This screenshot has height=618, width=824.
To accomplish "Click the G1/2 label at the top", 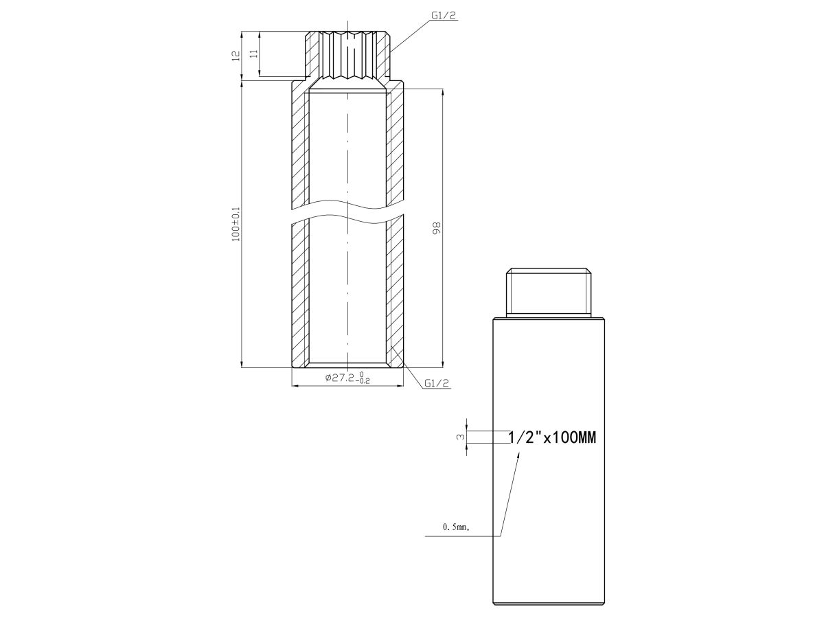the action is tap(444, 15).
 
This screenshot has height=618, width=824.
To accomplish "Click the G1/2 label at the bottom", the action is tap(437, 382).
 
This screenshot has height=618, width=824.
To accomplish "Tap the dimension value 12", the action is tap(236, 56).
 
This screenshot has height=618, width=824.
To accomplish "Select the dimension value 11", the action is tap(254, 54).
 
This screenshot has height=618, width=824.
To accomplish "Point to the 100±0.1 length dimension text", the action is tap(236, 224).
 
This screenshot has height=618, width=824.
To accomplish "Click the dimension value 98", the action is tap(436, 228).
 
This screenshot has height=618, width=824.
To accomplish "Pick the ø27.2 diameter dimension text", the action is tap(340, 378).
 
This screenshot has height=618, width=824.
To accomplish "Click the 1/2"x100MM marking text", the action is tap(552, 437).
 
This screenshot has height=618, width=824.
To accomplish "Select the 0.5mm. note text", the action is tap(456, 527).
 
